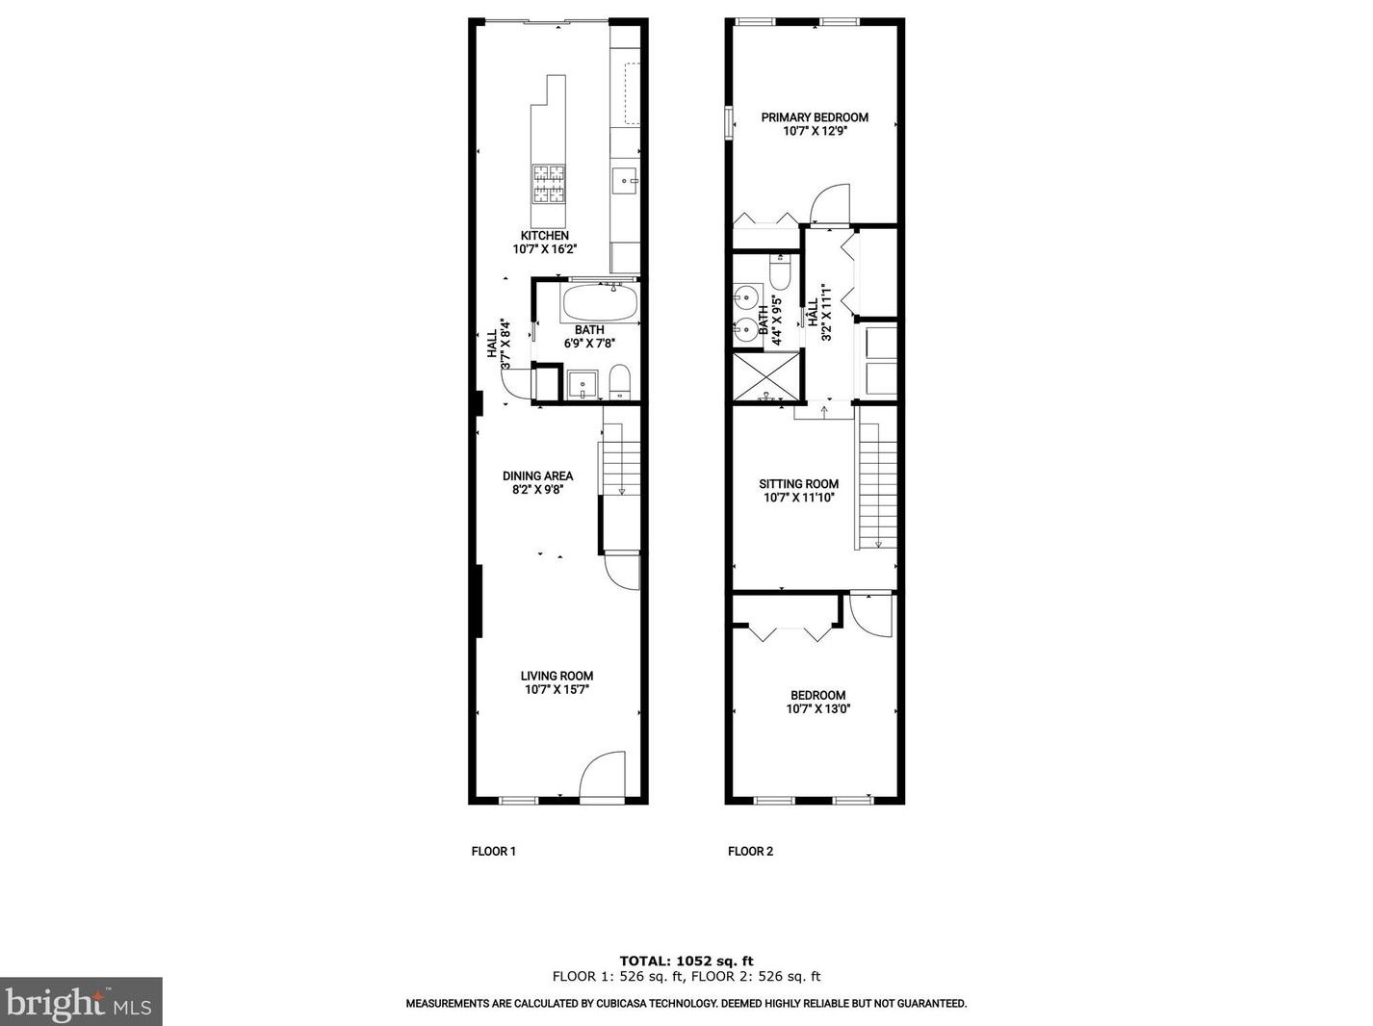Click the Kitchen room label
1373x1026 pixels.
click(544, 236)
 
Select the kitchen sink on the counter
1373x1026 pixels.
click(624, 179)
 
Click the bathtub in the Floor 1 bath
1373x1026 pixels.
click(599, 304)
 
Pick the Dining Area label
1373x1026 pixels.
click(537, 475)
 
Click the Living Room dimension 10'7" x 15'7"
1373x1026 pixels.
click(557, 689)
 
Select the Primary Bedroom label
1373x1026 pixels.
click(815, 117)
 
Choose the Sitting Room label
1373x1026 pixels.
click(798, 484)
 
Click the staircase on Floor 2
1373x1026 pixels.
click(877, 485)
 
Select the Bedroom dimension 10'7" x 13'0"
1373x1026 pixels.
click(817, 709)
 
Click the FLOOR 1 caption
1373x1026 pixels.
click(493, 851)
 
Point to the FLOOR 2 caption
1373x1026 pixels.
click(750, 851)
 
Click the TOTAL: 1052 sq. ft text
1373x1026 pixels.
click(686, 961)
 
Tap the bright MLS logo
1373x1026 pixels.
click(81, 1002)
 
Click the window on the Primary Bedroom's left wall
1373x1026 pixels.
click(728, 122)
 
